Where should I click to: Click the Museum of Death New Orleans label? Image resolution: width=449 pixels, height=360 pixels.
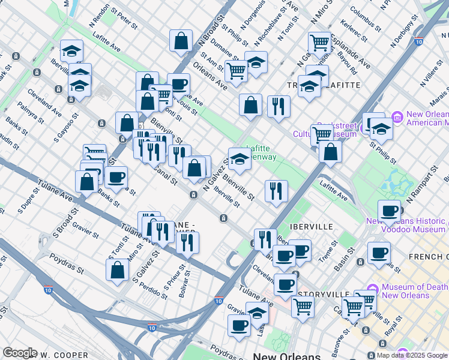point(411,291)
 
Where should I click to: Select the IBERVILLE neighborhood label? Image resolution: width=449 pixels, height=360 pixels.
point(311,227)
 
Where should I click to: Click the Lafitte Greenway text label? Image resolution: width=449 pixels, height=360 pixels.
point(262,153)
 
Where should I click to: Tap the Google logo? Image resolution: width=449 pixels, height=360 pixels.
point(19,353)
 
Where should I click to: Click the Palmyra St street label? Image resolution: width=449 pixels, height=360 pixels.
point(31,112)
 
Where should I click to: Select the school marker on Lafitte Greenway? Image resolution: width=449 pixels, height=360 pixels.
point(240,159)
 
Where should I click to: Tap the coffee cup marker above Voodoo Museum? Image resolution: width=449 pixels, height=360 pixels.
point(390,211)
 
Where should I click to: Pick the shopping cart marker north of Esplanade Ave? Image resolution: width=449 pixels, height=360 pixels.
point(319,42)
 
